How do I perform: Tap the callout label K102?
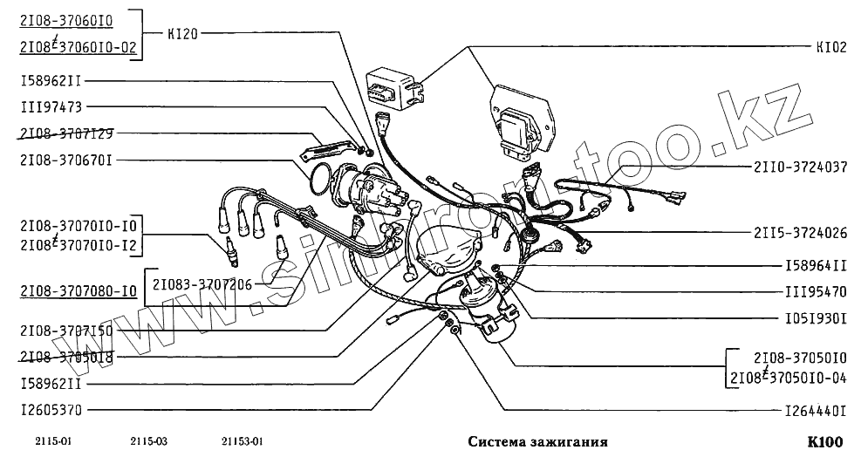(x=831, y=48)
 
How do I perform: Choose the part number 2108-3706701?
(x=67, y=160)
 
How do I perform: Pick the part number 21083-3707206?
(x=203, y=283)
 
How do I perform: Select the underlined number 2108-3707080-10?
(x=77, y=291)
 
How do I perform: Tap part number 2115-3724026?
(x=800, y=233)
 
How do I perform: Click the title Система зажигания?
(x=532, y=441)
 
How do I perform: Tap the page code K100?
(x=825, y=441)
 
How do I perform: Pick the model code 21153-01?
(x=243, y=441)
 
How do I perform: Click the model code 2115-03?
(x=147, y=441)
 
